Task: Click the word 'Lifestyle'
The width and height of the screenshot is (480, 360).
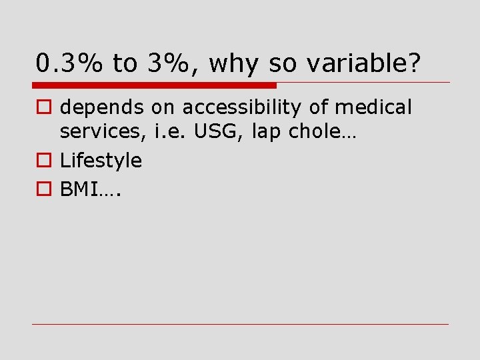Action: [x=101, y=161]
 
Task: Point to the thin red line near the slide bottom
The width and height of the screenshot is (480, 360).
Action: [x=240, y=325]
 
